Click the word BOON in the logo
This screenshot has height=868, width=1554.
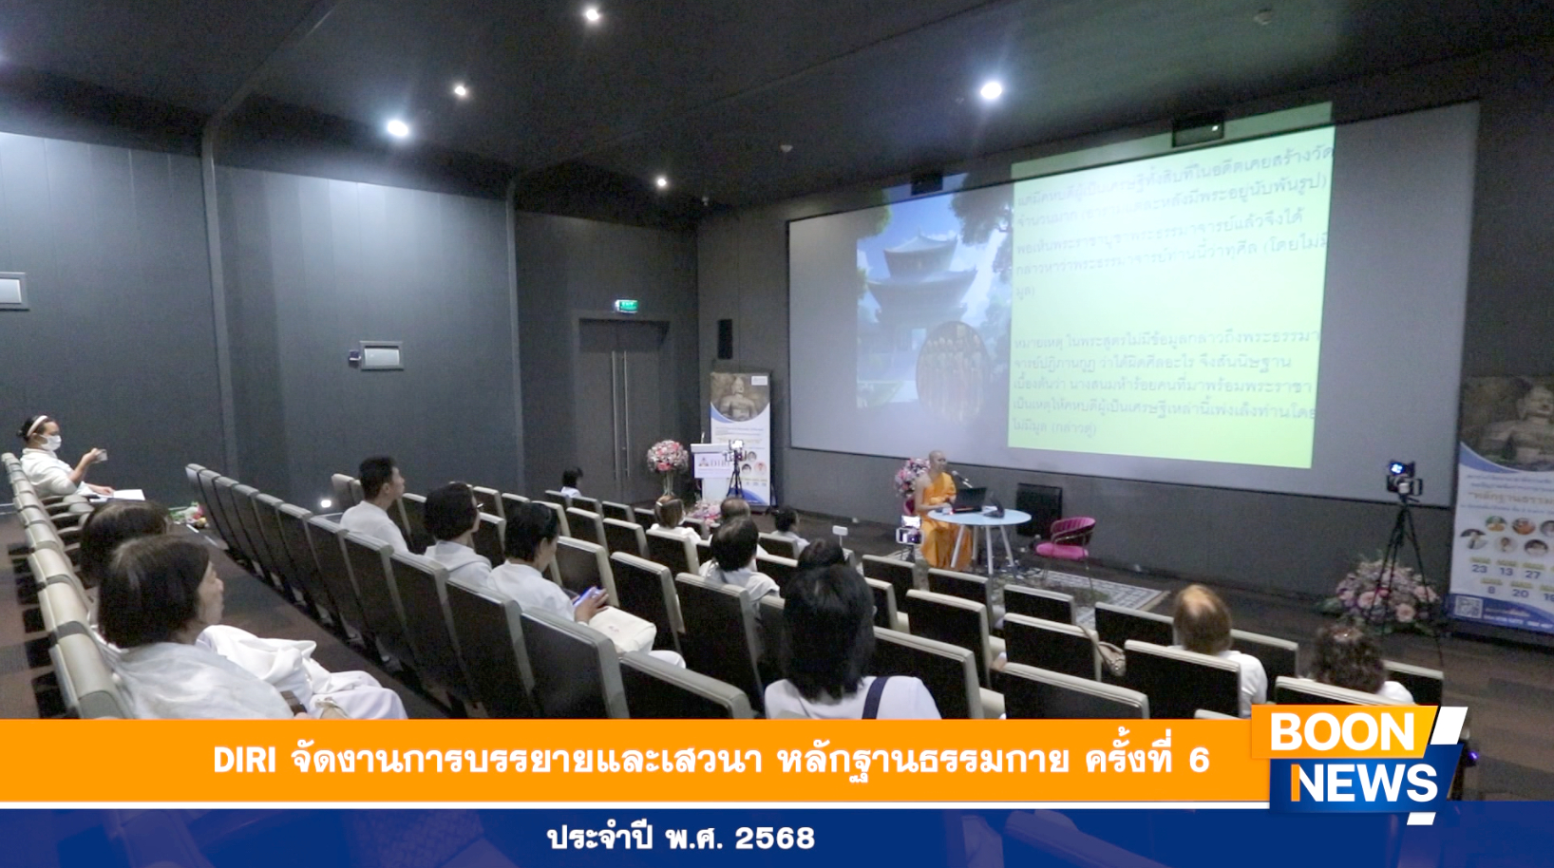point(1341,732)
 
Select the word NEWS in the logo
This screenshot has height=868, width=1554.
point(1365,783)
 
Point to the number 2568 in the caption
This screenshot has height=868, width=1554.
point(774,838)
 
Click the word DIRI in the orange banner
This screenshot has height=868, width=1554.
point(244,760)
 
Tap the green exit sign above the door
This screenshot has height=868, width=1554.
point(626,306)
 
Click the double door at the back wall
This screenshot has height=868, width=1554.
point(618,408)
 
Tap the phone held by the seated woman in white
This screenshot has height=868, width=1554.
point(587,596)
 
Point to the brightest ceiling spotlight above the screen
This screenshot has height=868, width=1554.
point(991,90)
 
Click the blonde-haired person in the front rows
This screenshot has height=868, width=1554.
point(1202,618)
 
